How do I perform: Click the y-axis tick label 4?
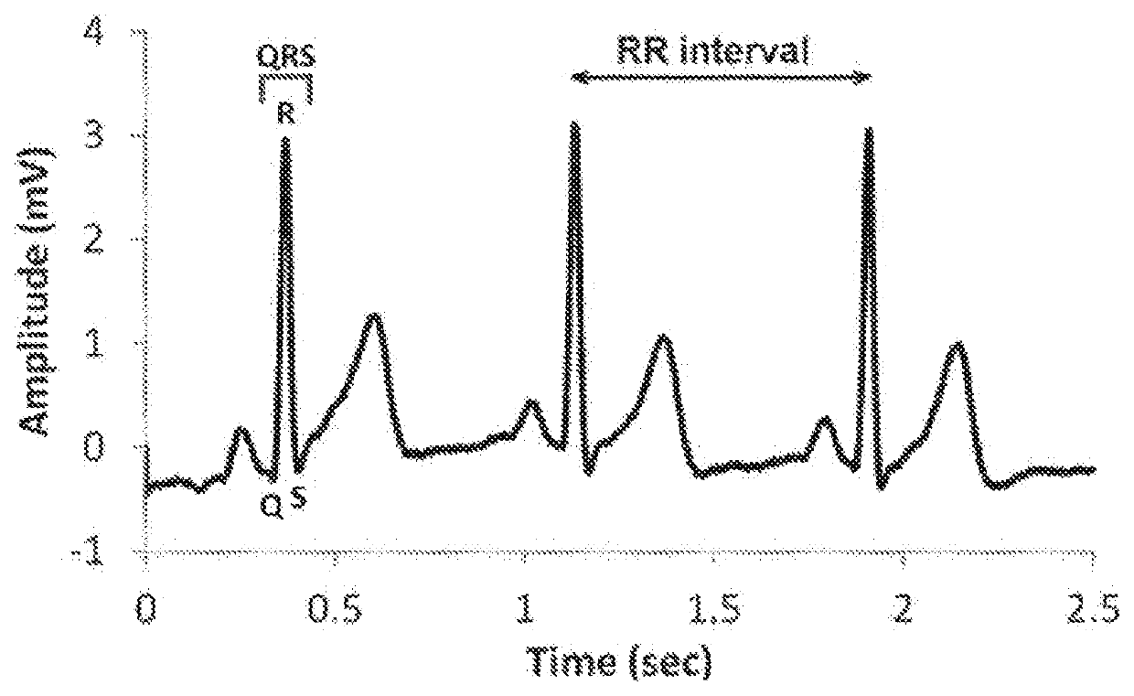93,31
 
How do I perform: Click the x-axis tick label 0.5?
336,609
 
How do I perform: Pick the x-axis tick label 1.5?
715,609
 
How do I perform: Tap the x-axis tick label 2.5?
1094,609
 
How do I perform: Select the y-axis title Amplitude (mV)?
38,292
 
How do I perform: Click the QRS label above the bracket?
286,56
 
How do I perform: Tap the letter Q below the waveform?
273,507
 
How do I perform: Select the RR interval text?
711,50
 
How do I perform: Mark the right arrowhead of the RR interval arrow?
863,78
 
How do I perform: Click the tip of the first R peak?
286,139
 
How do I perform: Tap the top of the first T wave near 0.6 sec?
374,316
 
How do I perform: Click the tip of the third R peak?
869,129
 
